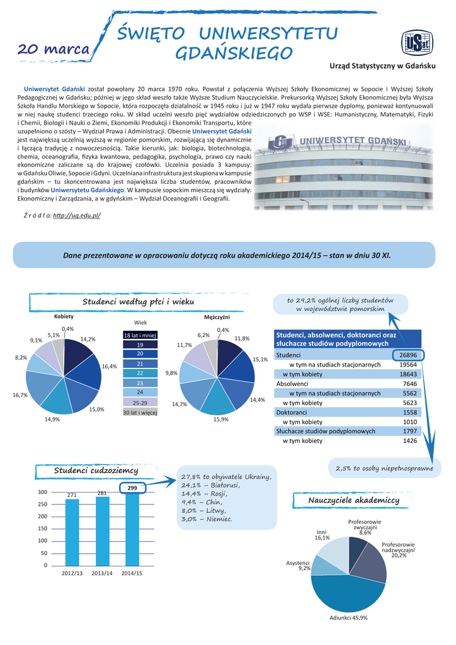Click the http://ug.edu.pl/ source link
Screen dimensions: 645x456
coord(77,215)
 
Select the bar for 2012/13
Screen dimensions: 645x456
coord(72,532)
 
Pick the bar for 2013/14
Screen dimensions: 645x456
coord(102,530)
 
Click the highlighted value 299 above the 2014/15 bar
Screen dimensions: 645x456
coord(132,488)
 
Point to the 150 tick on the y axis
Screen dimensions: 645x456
coord(42,528)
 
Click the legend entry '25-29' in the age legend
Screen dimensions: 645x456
coord(140,402)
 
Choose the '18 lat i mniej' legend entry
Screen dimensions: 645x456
coord(140,336)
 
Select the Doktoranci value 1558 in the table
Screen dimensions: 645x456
coord(409,412)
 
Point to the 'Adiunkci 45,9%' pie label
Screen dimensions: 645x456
coord(349,617)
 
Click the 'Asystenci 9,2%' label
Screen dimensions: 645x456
coord(298,565)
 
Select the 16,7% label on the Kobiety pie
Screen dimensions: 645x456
coord(20,395)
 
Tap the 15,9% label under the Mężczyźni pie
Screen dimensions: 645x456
coord(220,419)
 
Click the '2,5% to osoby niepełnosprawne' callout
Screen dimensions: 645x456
coord(384,469)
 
